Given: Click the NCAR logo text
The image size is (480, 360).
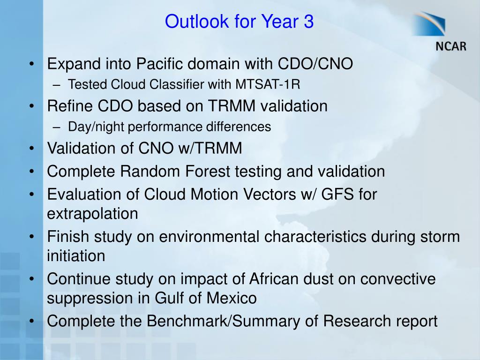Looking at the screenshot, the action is click(451, 46).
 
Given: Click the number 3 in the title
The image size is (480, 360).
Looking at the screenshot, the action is click(309, 22).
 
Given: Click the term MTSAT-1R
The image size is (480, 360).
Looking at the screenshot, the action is click(268, 84).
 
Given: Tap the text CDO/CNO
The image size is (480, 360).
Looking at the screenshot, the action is click(315, 64).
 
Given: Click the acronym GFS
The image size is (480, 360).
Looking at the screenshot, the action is click(337, 194).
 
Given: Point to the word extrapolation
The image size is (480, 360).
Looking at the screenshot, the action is click(92, 214).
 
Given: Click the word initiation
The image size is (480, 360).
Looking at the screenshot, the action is click(76, 255).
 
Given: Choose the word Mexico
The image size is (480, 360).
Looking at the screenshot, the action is click(232, 298).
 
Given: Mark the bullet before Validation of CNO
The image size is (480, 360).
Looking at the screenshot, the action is click(31, 149).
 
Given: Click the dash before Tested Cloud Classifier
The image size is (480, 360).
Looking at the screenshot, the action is click(56, 85).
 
